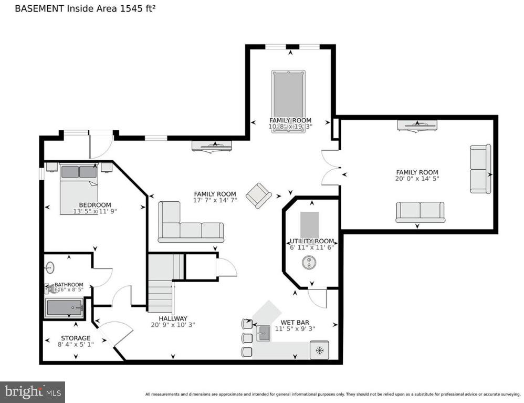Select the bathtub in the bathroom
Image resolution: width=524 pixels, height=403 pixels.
pyautogui.click(x=64, y=307)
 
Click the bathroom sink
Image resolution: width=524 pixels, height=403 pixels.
pyautogui.click(x=49, y=267)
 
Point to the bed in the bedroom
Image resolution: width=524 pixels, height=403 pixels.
pyautogui.click(x=79, y=189)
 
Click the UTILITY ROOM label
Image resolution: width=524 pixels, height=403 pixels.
pyautogui.click(x=312, y=241)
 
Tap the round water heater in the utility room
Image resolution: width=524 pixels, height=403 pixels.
pyautogui.click(x=310, y=263)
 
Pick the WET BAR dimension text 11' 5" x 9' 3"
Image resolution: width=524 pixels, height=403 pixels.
pyautogui.click(x=295, y=329)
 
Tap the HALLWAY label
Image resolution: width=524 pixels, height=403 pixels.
pyautogui.click(x=173, y=318)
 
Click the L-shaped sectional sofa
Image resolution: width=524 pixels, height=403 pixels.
pyautogui.click(x=186, y=226)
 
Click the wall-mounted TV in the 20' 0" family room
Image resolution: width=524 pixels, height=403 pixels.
pyautogui.click(x=417, y=125)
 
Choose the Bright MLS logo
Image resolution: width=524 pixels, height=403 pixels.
pyautogui.click(x=33, y=391)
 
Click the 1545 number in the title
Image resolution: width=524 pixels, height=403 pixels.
pyautogui.click(x=134, y=9)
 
